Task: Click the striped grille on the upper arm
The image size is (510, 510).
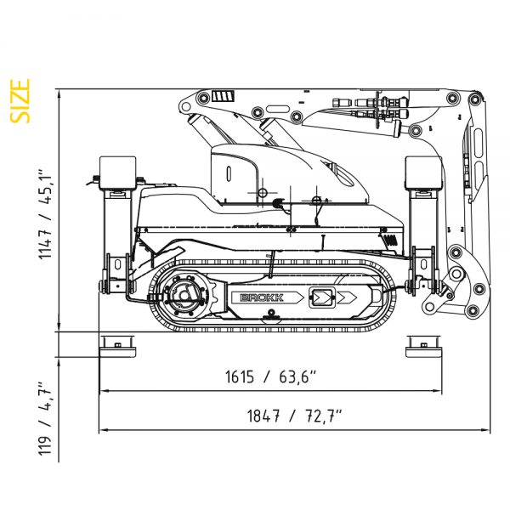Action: [x=222, y=94]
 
